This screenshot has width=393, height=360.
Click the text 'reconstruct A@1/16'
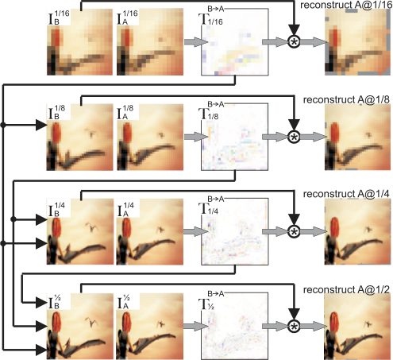point(346,5)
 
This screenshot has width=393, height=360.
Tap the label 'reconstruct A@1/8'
point(346,100)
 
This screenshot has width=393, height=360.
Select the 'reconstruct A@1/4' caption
point(346,194)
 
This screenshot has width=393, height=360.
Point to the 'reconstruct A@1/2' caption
point(346,290)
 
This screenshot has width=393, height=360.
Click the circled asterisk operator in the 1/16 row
point(294,42)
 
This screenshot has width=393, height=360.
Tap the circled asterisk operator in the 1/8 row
point(294,137)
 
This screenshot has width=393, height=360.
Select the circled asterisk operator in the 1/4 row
point(294,231)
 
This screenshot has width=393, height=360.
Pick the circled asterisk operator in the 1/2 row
point(294,326)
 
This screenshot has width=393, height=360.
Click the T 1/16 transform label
point(210,19)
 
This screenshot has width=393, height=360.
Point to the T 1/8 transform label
point(209,114)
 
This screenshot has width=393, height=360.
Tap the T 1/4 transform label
point(209,208)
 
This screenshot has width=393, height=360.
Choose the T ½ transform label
point(206,304)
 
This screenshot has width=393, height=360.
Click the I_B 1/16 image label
point(59,17)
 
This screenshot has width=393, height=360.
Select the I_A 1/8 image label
point(125,112)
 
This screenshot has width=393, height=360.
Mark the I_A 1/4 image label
point(125,209)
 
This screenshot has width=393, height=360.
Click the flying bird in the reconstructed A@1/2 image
point(368,323)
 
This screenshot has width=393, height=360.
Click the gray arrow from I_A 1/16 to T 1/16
point(196,42)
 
